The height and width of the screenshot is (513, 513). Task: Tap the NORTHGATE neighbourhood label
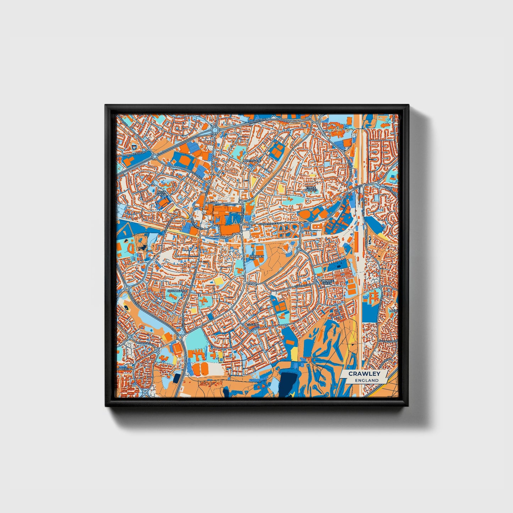[252, 160]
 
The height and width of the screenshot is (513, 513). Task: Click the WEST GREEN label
[161, 193]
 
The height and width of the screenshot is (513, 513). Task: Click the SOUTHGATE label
[176, 291]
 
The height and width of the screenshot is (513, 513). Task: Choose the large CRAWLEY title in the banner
[364, 373]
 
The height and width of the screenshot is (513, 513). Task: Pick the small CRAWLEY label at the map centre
[256, 256]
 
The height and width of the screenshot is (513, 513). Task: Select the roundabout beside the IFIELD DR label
[155, 156]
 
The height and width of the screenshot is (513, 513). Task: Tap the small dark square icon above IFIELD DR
[134, 147]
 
